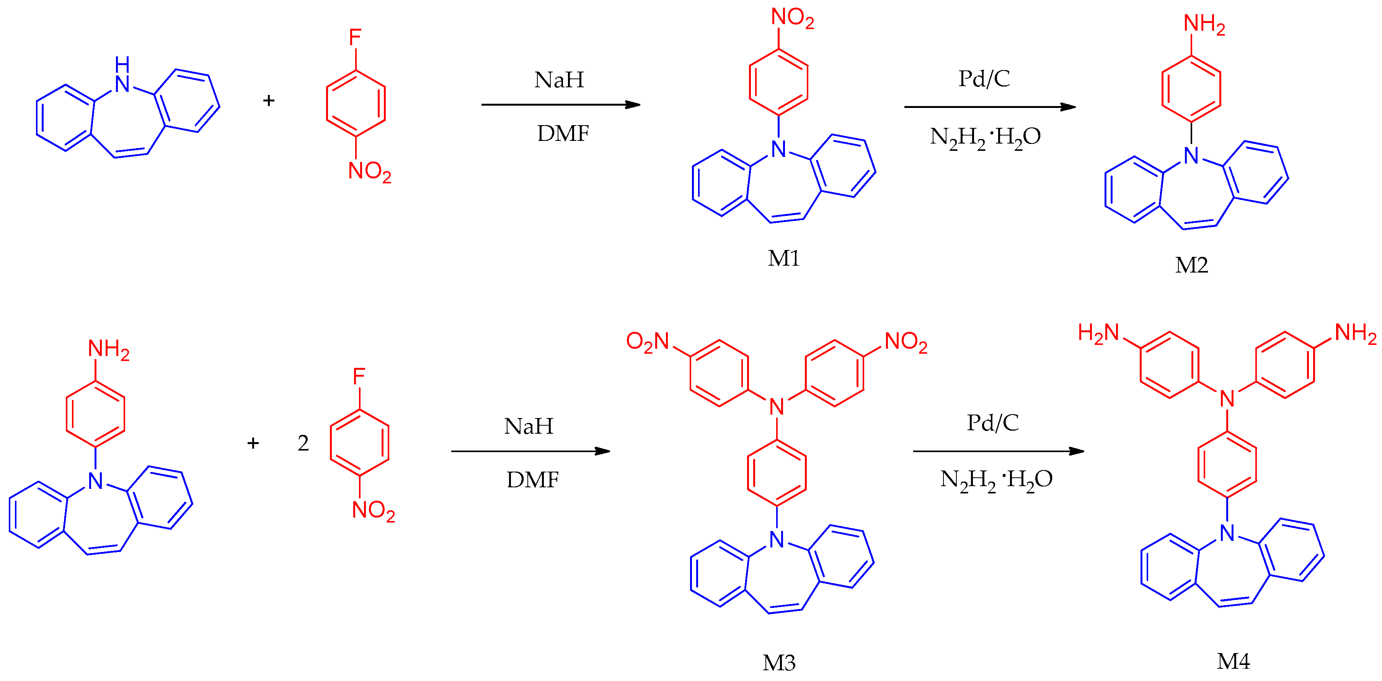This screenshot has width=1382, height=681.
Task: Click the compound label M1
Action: point(783,259)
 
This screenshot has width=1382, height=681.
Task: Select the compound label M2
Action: point(1191,265)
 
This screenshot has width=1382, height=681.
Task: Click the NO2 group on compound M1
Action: point(792,18)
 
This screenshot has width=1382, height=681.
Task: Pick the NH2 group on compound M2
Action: point(1204,24)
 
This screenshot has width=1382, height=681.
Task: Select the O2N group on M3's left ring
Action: point(648,341)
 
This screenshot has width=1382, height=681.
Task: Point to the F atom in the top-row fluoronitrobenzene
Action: point(355,38)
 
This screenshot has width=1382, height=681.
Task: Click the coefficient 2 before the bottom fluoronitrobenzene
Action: point(303,443)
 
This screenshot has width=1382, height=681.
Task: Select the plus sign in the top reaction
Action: point(269,100)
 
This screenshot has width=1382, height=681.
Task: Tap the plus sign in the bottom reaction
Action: point(253,443)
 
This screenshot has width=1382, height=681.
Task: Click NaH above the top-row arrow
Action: point(559,80)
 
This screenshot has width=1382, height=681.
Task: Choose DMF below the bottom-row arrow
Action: point(532,480)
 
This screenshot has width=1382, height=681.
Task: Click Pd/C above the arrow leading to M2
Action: point(984,79)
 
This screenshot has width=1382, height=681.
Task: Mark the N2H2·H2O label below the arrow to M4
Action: point(996,479)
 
